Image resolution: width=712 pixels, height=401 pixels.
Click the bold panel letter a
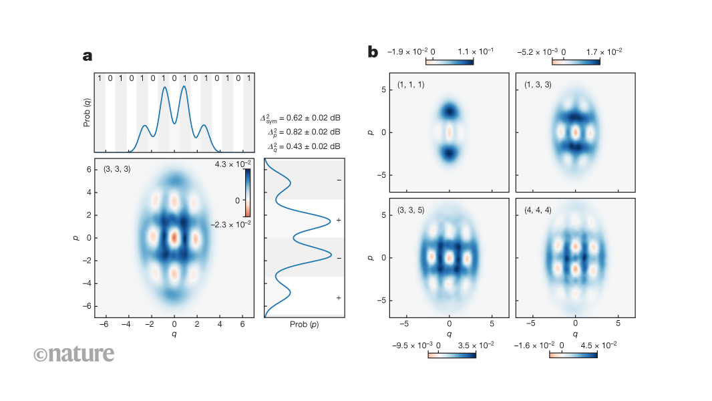coord(87,56)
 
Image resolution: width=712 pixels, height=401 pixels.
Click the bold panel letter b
coord(373,51)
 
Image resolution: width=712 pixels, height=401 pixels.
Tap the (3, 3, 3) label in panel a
coord(118,169)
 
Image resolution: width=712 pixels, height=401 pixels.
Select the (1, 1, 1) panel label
coord(410,86)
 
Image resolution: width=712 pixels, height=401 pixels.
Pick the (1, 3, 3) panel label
coord(537,86)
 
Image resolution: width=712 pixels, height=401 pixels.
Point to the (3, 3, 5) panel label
coord(410,210)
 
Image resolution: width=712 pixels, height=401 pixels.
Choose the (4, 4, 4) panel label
coord(537,210)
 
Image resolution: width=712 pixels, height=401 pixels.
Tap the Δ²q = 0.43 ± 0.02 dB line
coord(304,146)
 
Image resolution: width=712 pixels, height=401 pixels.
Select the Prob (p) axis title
coord(305,324)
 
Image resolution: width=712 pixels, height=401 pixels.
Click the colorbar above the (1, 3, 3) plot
coord(576,61)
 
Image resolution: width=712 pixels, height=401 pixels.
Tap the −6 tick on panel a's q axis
coord(104,323)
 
